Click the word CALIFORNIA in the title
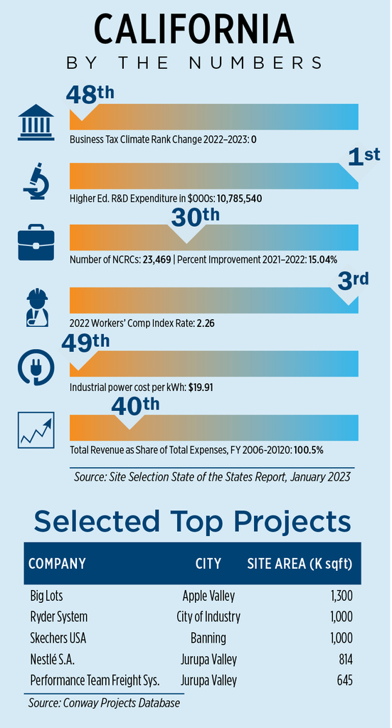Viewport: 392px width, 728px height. point(194,28)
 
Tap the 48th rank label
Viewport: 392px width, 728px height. point(90,95)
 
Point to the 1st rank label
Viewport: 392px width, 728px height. point(364,157)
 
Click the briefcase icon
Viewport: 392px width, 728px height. point(36,242)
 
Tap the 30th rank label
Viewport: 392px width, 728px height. point(195,218)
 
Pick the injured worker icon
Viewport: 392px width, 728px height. point(36,307)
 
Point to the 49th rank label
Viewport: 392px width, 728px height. point(85,343)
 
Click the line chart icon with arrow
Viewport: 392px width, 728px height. point(36,430)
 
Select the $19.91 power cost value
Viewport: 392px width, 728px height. point(201,387)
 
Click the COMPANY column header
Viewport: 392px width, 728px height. point(57,564)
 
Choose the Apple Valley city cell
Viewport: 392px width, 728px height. point(208,596)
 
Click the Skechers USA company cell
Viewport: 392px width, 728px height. point(58,638)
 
